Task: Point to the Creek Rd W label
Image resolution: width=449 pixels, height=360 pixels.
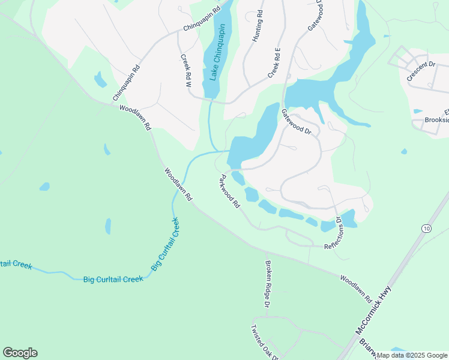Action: [x=185, y=71]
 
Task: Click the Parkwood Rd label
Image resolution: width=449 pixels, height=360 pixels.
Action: [x=230, y=191]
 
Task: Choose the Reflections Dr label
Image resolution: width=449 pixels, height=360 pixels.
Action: [x=333, y=233]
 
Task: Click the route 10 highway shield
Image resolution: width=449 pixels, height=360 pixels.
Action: [x=426, y=228]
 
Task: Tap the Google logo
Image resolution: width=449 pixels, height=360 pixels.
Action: [x=20, y=353]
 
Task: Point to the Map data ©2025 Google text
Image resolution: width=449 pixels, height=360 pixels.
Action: [x=412, y=355]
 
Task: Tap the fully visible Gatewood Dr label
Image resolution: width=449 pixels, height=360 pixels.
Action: [x=297, y=122]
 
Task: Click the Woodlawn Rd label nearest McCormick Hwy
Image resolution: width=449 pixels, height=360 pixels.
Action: [x=356, y=288]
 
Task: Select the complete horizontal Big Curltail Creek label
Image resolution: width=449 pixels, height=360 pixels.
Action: [x=113, y=279]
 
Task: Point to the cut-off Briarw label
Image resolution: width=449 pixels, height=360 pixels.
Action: [x=367, y=350]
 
